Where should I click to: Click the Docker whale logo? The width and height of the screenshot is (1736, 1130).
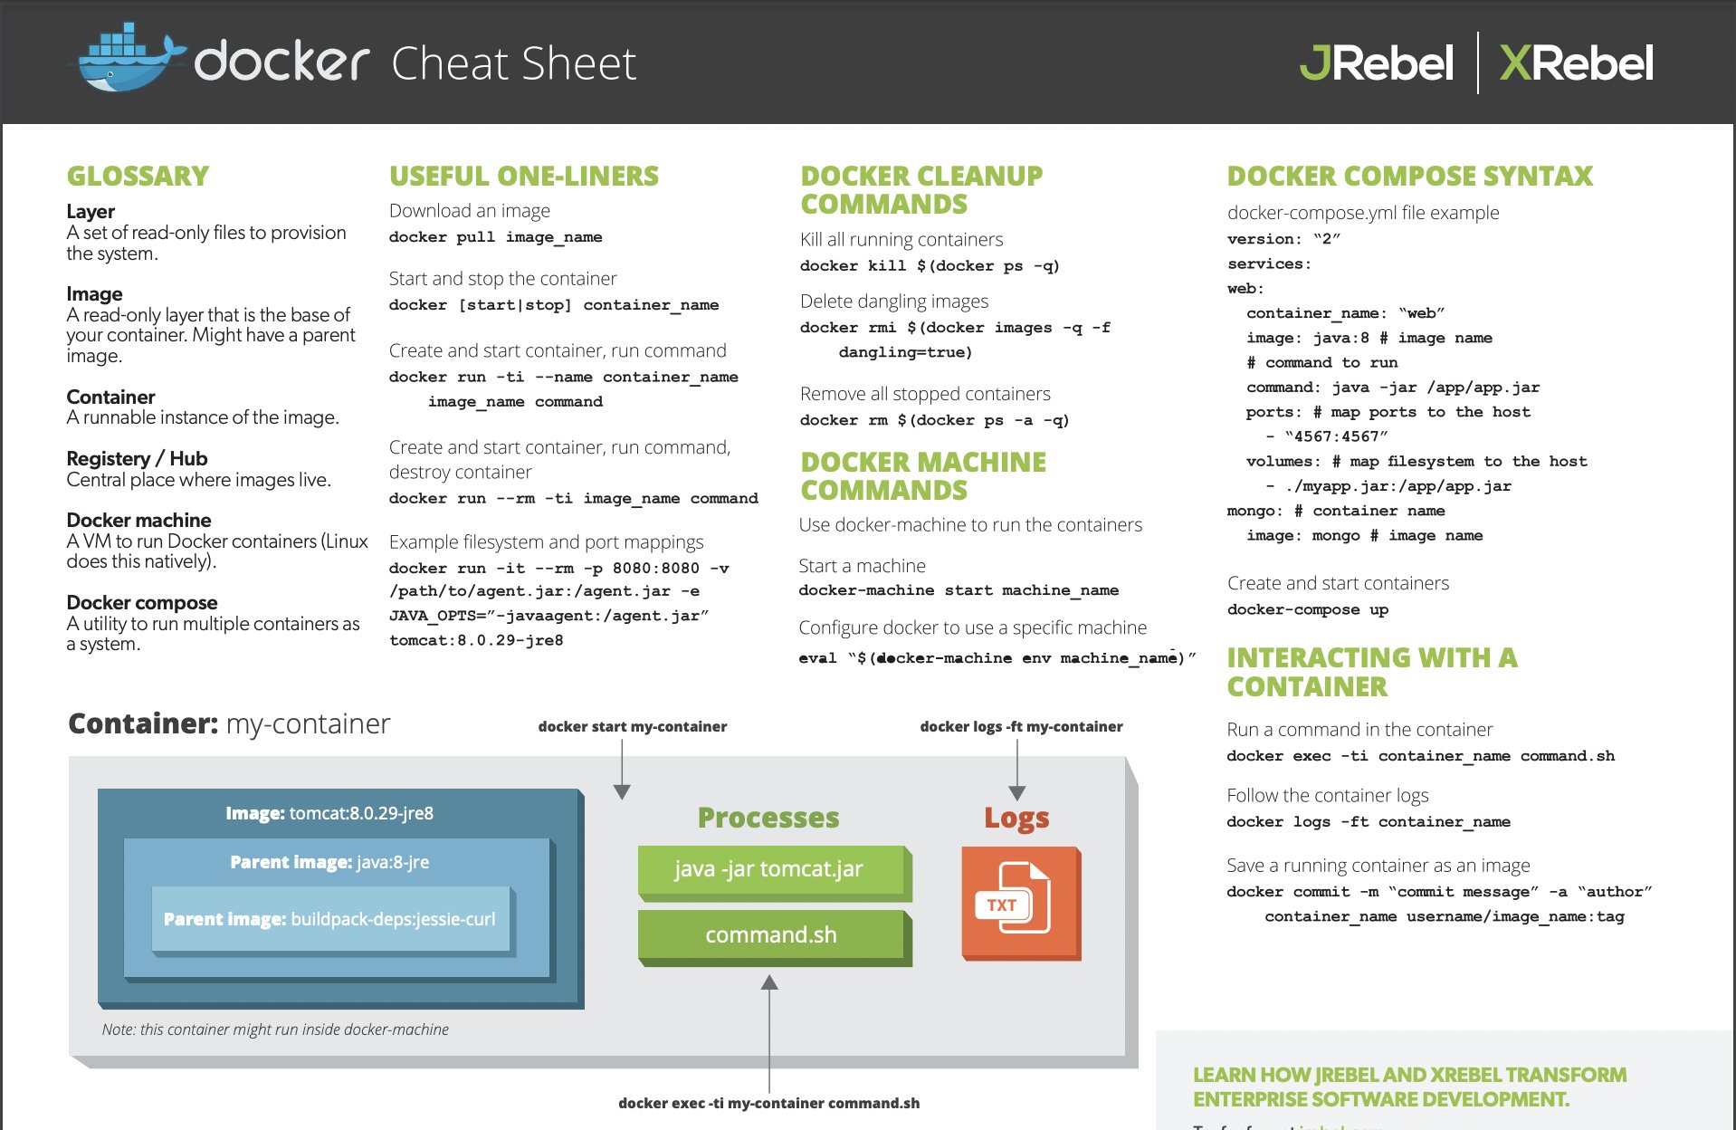click(127, 60)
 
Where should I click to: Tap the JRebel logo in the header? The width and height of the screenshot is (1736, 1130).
click(1376, 63)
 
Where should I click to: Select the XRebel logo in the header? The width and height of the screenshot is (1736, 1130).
click(1576, 63)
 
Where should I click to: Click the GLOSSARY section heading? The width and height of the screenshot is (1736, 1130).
click(138, 176)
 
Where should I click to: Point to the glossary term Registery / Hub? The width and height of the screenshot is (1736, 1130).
click(137, 458)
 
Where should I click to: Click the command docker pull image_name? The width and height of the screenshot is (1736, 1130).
click(495, 237)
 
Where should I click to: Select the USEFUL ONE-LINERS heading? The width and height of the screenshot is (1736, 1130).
click(524, 176)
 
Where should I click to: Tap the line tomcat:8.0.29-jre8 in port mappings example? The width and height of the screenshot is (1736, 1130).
click(476, 640)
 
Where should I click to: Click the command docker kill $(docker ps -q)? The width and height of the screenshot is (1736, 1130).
click(929, 266)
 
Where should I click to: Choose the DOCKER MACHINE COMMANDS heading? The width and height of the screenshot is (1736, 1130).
click(922, 476)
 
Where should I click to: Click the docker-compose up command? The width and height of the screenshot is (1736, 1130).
click(1307, 609)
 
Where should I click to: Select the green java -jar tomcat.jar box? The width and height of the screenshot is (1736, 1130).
click(769, 870)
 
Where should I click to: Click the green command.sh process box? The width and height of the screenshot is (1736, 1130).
click(770, 935)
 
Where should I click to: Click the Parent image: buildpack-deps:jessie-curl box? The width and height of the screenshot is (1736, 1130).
click(329, 919)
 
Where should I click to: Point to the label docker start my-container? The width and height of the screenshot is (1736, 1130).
click(632, 726)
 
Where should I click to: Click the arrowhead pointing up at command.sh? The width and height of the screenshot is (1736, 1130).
click(769, 983)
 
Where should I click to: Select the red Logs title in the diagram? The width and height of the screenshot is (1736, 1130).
click(1016, 818)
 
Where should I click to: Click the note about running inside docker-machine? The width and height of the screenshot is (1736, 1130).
click(275, 1029)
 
